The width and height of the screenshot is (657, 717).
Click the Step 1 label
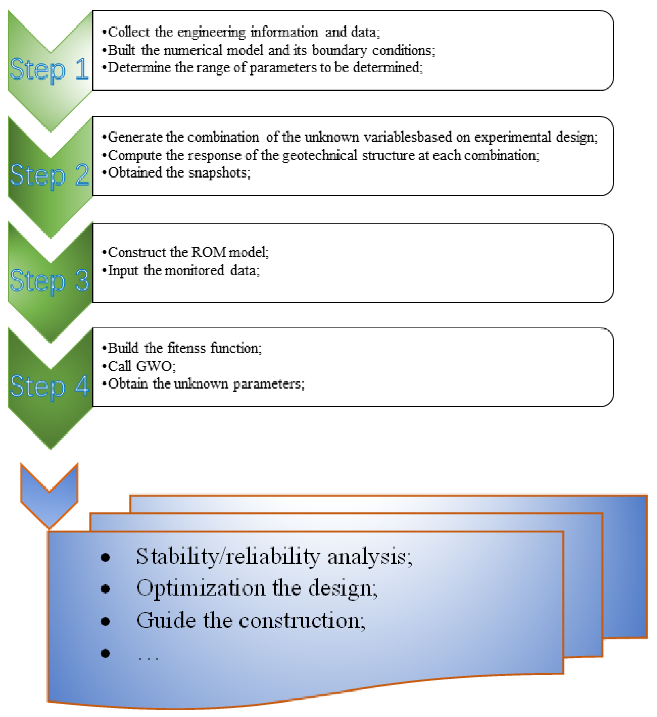(x=49, y=69)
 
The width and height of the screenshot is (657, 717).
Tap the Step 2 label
(x=49, y=175)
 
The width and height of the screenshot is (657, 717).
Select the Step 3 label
(x=49, y=281)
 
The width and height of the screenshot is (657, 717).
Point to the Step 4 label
(x=49, y=386)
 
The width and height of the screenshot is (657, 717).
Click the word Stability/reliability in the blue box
(x=228, y=556)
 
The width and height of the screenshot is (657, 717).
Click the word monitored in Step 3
(x=195, y=271)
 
